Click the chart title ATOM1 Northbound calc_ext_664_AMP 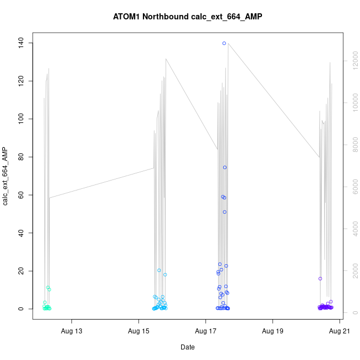click(187, 17)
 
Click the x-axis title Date click(187, 347)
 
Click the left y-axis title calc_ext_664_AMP click(6, 176)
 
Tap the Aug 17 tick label click(205, 332)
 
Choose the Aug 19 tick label click(272, 332)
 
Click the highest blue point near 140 click(224, 43)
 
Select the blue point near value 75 click(225, 167)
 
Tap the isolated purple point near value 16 click(320, 279)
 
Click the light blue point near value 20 click(159, 271)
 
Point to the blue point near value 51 click(224, 212)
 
